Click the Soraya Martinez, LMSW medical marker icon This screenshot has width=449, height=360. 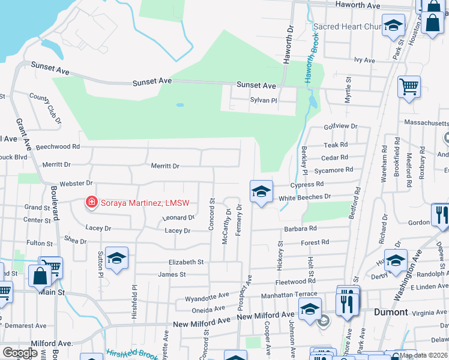91,202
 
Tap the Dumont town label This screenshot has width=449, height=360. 391,313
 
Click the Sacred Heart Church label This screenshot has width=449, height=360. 347,27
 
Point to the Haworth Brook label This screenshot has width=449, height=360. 308,66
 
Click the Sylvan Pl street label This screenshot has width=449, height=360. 264,101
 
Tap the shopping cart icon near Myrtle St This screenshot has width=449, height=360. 409,86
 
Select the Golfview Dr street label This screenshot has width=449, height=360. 340,127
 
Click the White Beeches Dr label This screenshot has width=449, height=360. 305,197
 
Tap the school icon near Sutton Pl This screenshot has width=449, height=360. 116,258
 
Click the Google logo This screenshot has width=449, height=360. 20,352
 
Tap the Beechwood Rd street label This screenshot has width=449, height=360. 58,146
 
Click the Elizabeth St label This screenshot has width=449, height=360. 186,262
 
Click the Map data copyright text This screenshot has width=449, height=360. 423,355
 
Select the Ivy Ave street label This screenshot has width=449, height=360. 364,61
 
